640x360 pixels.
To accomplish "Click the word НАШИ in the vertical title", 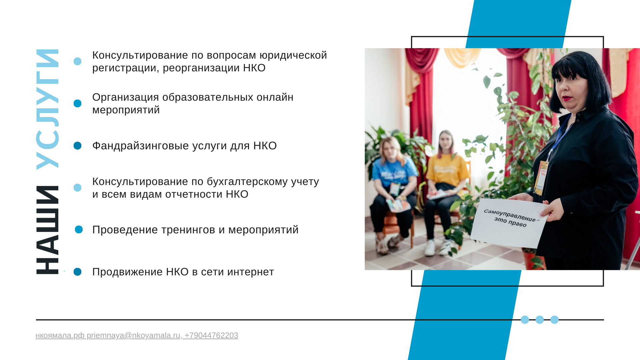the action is (x=47, y=230).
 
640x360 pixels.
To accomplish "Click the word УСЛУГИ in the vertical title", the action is (x=47, y=109).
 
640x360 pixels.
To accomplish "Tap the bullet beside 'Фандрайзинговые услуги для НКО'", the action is (x=77, y=146).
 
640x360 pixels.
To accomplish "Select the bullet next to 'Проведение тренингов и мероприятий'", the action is (x=79, y=230).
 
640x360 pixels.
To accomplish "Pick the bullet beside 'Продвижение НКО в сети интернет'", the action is (x=77, y=272).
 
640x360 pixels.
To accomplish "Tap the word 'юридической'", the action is (x=293, y=55).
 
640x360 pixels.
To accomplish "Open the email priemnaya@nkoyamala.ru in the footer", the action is (x=134, y=335).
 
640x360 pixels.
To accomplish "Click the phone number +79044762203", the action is (x=211, y=335).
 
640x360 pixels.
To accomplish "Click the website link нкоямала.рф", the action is (x=60, y=335).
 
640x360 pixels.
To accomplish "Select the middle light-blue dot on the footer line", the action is (x=540, y=320).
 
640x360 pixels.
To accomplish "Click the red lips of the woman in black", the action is (x=567, y=99).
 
